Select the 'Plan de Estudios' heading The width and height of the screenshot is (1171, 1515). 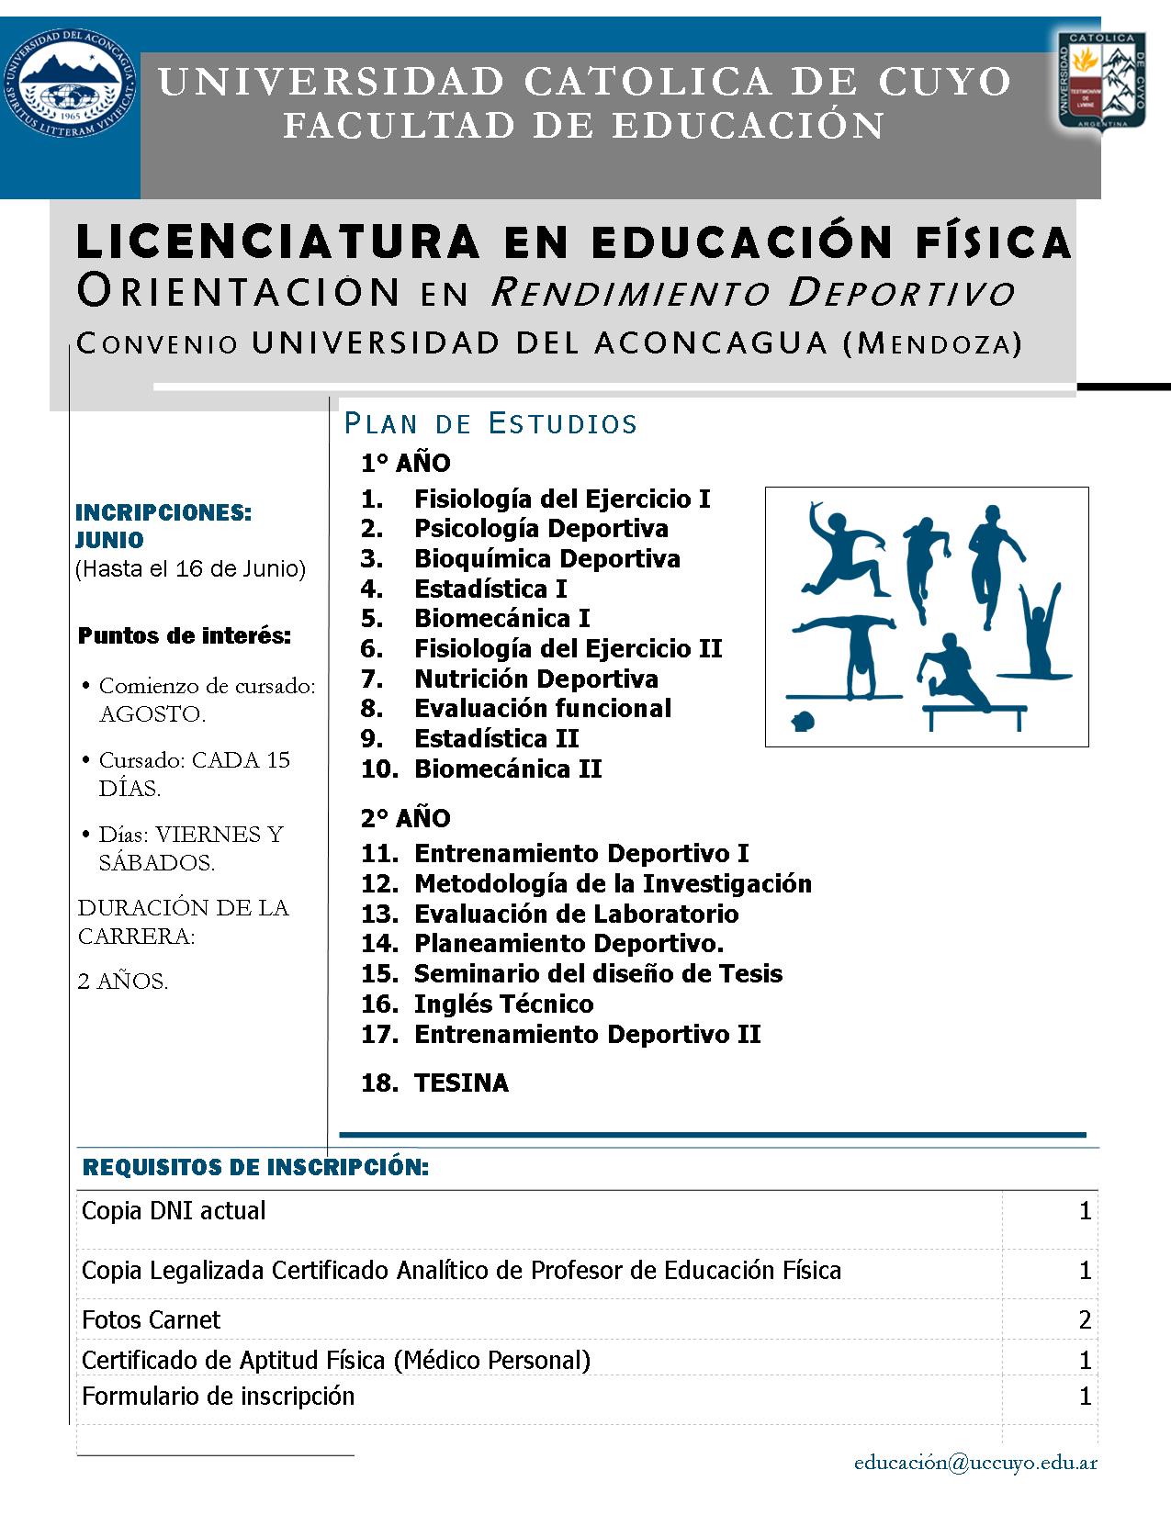point(490,423)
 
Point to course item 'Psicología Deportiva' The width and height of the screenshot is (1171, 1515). point(541,529)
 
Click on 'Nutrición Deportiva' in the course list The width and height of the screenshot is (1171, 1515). point(536,679)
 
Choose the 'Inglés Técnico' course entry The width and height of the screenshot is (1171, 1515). point(503,1004)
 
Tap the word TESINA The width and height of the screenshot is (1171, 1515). point(461,1083)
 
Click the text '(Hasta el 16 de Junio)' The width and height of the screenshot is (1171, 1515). point(190,569)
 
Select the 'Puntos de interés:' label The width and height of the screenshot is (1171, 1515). point(185,636)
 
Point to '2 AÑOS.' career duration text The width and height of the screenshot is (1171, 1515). point(123,982)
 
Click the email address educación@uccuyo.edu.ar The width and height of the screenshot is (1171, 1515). point(975,1464)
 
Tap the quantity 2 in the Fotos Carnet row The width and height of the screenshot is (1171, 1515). point(1085,1320)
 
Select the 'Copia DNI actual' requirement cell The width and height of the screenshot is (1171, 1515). point(174,1211)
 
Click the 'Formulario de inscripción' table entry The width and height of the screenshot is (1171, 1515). point(219,1397)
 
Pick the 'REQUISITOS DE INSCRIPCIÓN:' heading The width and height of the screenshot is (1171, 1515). point(255,1168)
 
